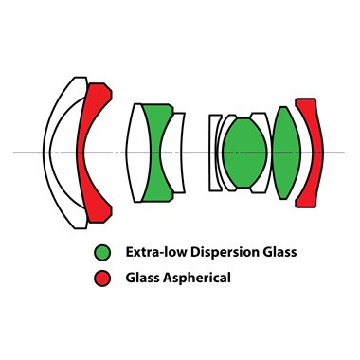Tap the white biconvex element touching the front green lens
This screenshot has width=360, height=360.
[138, 152]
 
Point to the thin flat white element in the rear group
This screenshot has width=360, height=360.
[215, 152]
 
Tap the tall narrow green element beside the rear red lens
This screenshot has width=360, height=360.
[285, 152]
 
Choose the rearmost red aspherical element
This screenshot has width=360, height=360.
[309, 152]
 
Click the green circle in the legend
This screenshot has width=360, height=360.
[102, 253]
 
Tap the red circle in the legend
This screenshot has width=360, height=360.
[102, 279]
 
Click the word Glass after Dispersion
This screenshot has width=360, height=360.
[280, 253]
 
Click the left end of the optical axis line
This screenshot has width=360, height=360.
[15, 152]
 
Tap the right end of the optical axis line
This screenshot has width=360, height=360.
[345, 152]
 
